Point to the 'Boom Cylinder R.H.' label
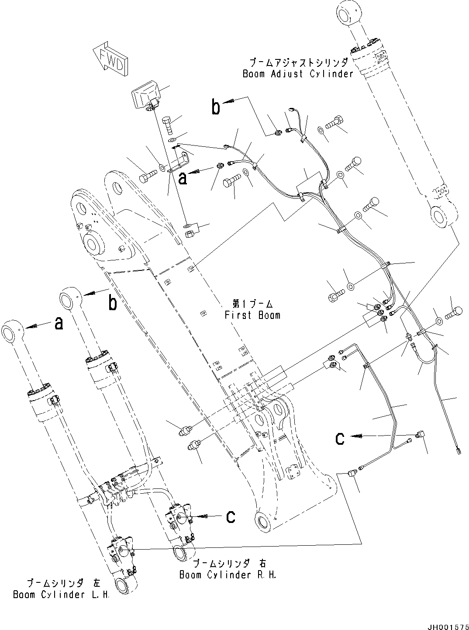pos(228,575)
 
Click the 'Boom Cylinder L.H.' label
pos(62,595)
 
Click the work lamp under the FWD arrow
pos(145,96)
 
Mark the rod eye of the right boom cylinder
pos(70,301)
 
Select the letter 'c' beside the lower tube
pos(341,438)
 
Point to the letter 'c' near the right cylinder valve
pos(231,516)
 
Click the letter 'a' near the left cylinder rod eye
pos(58,324)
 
